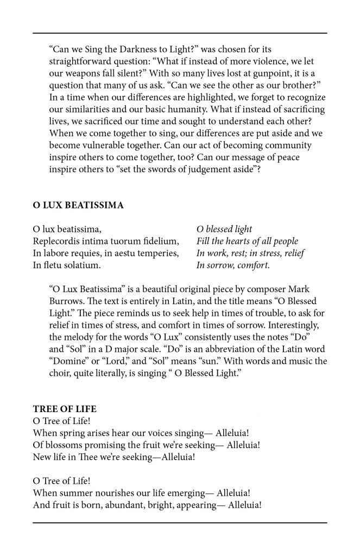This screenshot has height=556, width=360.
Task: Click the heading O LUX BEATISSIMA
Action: pos(78,205)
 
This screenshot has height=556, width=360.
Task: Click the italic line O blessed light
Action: pos(224,229)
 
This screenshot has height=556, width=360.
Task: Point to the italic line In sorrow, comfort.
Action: pos(233,265)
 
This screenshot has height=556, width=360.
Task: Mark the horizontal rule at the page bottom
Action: pos(180,522)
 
